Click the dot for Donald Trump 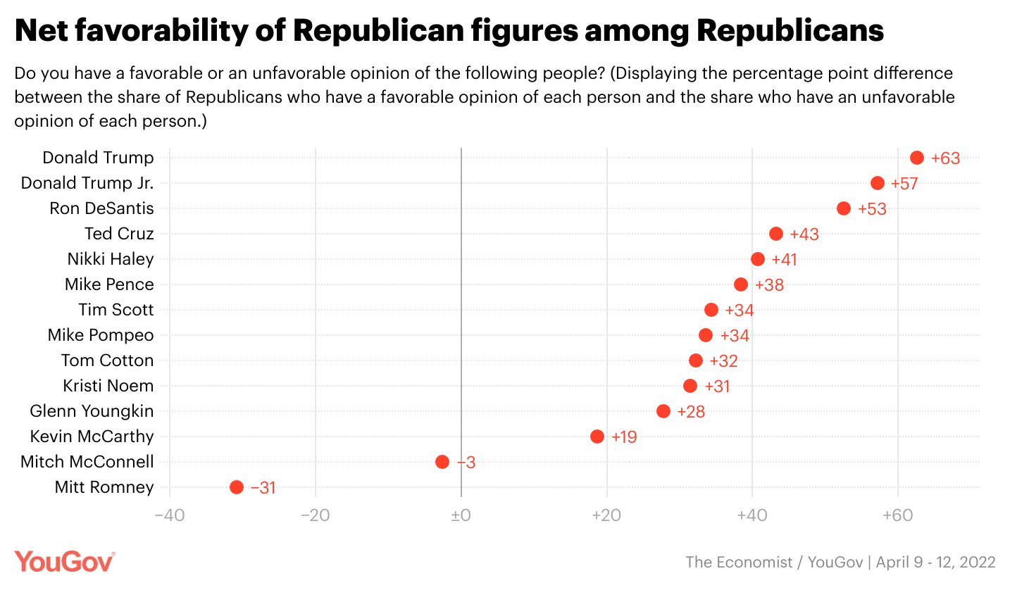click(x=916, y=158)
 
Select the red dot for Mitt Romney click(x=237, y=487)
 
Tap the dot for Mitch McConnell click(x=442, y=462)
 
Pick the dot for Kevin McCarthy click(x=597, y=437)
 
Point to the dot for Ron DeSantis click(x=844, y=208)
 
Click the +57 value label click(x=905, y=184)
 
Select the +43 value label click(x=804, y=234)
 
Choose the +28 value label click(x=691, y=412)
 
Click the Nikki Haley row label click(x=111, y=259)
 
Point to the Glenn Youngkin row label click(x=92, y=411)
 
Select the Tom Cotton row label click(x=107, y=360)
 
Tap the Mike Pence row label click(x=109, y=284)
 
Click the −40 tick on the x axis click(x=170, y=515)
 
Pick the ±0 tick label click(x=461, y=515)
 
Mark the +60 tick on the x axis click(x=897, y=515)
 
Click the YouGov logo click(x=64, y=562)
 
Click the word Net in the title click(x=44, y=32)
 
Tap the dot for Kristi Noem click(x=690, y=386)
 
